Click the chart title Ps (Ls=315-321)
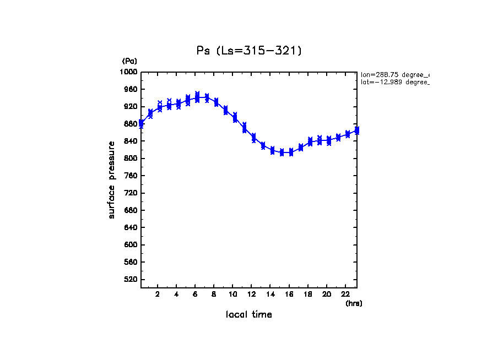(249, 51)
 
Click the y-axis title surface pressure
(112, 180)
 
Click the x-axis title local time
(248, 315)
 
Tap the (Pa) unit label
(129, 61)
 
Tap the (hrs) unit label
(354, 303)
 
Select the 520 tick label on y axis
(131, 280)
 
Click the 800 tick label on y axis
(131, 159)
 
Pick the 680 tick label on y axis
(131, 210)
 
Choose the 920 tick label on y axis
(131, 107)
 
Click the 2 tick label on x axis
(158, 294)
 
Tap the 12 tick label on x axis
(252, 294)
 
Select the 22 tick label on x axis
(345, 294)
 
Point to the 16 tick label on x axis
(289, 294)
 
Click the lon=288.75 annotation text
(394, 74)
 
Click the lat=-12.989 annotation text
(394, 82)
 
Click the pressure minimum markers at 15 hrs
(282, 152)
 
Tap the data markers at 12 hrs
(253, 138)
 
